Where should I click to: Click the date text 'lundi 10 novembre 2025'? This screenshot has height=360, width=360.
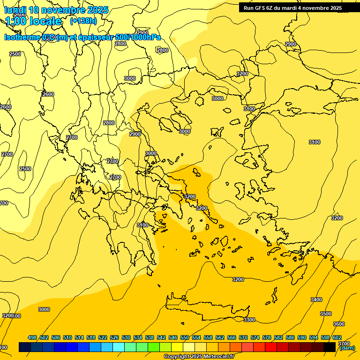point(56,10)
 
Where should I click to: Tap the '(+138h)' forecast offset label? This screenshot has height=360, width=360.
point(83,21)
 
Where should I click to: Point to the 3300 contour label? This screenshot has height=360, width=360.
point(249,320)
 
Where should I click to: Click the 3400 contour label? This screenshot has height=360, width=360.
point(316,300)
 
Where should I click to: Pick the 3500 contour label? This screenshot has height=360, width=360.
point(325,314)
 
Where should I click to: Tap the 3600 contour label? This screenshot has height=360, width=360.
point(338,324)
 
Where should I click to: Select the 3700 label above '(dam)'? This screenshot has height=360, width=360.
point(344,344)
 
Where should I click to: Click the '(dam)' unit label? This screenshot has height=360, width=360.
point(347,348)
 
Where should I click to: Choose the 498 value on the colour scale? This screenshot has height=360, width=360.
point(32,337)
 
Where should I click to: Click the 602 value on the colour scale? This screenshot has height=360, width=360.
point(337,337)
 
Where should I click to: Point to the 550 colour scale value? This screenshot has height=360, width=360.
point(185,337)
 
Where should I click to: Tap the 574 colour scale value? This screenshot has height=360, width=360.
point(255,337)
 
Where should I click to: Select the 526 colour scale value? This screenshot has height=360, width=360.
point(114,337)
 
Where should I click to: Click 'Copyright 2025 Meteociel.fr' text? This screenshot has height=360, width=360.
point(199,357)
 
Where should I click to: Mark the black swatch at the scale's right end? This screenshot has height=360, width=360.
point(330,347)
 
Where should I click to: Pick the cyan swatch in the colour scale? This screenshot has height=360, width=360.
point(119,347)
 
